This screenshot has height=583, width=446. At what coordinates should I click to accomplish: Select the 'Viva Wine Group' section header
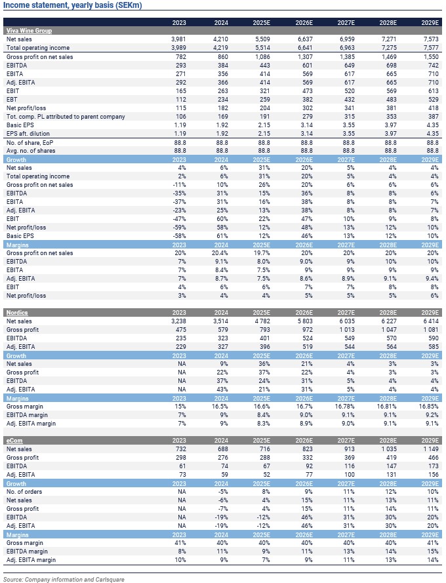point(29,31)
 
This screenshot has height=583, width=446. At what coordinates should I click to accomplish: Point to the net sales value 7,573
point(430,39)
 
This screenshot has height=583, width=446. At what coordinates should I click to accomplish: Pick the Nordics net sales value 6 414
point(428,321)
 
